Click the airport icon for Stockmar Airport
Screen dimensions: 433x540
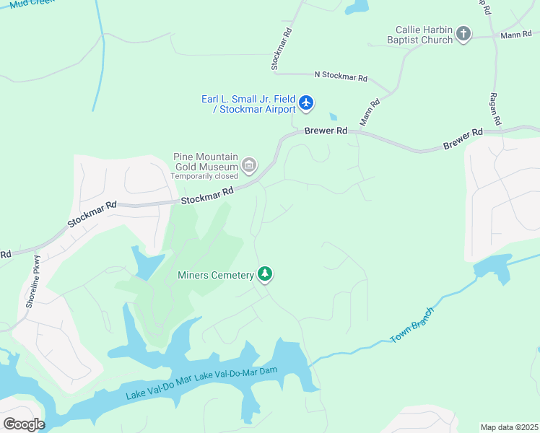click(307, 103)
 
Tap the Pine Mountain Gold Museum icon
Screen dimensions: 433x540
click(249, 165)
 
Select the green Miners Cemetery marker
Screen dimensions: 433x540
click(266, 274)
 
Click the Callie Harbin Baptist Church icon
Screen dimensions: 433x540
click(463, 34)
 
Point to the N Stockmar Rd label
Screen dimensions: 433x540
click(341, 76)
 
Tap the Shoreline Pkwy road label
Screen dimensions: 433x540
click(33, 282)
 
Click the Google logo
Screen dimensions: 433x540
click(24, 424)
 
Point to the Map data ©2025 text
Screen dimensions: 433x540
click(508, 427)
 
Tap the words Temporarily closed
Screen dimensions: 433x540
click(204, 175)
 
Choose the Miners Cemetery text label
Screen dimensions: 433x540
click(216, 275)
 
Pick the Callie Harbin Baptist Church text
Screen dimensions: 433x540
click(424, 35)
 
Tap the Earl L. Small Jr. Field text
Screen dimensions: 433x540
click(248, 98)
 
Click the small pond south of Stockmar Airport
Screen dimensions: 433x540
click(332, 116)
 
